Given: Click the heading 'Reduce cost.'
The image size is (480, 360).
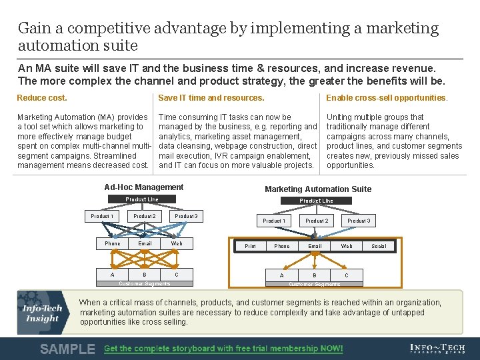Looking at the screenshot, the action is click(x=42, y=98).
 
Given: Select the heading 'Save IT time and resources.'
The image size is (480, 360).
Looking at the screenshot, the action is click(x=211, y=98).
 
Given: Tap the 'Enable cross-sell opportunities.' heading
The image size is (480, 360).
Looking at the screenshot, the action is click(x=387, y=98).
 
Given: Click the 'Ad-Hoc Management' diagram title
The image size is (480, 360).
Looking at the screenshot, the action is click(x=144, y=187).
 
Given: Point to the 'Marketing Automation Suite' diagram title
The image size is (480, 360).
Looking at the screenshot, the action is click(x=318, y=189).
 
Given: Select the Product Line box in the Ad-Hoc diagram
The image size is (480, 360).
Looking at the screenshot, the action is click(x=142, y=199).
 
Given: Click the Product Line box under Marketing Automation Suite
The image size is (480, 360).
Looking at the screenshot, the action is click(x=316, y=201).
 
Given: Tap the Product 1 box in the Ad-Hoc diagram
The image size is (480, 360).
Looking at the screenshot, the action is click(x=102, y=216).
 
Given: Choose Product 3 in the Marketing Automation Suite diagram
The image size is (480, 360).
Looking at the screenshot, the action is click(x=359, y=221).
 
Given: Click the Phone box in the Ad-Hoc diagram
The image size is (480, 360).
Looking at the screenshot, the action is click(x=113, y=243).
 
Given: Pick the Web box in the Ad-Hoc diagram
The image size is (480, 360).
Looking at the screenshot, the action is click(x=177, y=243).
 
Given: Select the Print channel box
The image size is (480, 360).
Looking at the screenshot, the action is click(x=250, y=246).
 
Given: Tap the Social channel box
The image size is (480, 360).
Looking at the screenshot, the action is click(x=379, y=246).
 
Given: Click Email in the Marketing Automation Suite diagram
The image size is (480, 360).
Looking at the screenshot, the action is click(x=315, y=246).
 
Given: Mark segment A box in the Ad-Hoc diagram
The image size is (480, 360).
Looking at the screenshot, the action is click(x=112, y=275).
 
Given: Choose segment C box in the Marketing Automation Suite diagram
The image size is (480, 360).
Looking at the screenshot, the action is click(x=346, y=275).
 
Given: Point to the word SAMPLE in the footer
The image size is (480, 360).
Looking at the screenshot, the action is click(x=67, y=349).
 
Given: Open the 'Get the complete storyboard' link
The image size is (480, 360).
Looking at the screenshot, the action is click(x=223, y=349).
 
